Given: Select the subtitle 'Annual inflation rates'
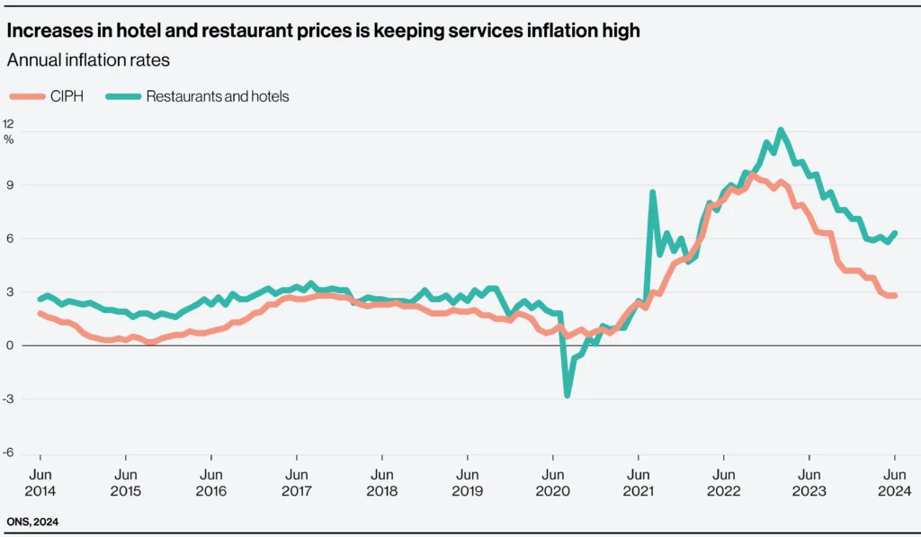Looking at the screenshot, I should click(x=88, y=61).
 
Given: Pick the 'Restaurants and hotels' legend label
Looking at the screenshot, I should click(x=217, y=96).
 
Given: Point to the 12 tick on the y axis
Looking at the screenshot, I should click(x=9, y=123).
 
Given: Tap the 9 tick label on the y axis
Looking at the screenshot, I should click(x=9, y=185).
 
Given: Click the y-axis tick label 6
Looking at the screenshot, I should click(x=9, y=238).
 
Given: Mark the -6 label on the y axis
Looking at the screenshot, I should click(x=9, y=452).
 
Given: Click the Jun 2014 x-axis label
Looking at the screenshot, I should click(x=40, y=482).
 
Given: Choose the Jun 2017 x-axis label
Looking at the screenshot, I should click(x=296, y=482).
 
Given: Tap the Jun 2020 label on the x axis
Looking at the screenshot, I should click(x=552, y=482).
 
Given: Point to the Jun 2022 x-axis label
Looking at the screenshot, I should click(x=723, y=482).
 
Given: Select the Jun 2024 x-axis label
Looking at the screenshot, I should click(x=894, y=482).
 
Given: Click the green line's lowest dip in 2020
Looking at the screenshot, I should click(x=568, y=395).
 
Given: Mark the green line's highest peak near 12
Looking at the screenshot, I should click(x=781, y=130).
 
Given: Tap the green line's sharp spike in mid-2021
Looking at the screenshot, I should click(x=652, y=192).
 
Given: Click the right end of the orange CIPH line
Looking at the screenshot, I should click(x=894, y=295).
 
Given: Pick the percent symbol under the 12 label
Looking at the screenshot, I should click(x=9, y=139).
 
